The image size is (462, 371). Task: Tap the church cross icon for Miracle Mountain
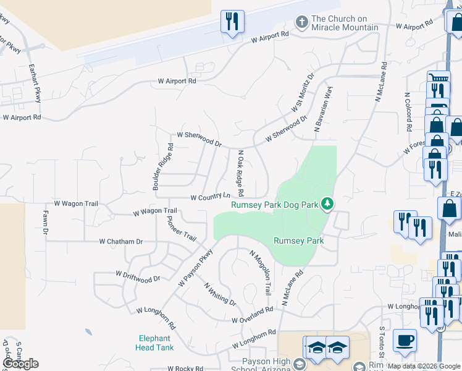click(x=302, y=22)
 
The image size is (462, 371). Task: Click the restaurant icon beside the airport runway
click(x=232, y=22)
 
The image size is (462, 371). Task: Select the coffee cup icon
click(x=405, y=340)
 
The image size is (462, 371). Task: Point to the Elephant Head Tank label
click(x=154, y=343)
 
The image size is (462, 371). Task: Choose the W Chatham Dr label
click(x=120, y=242)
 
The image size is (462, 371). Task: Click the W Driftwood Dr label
click(x=138, y=276)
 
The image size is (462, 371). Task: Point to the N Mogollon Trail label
click(x=260, y=272)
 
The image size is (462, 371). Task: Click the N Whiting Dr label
click(x=220, y=293)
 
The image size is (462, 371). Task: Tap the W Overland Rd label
click(x=253, y=315)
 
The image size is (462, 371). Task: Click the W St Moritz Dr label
click(x=302, y=92)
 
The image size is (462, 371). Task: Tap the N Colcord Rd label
click(x=408, y=113)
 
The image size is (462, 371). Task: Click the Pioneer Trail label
click(x=181, y=228)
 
